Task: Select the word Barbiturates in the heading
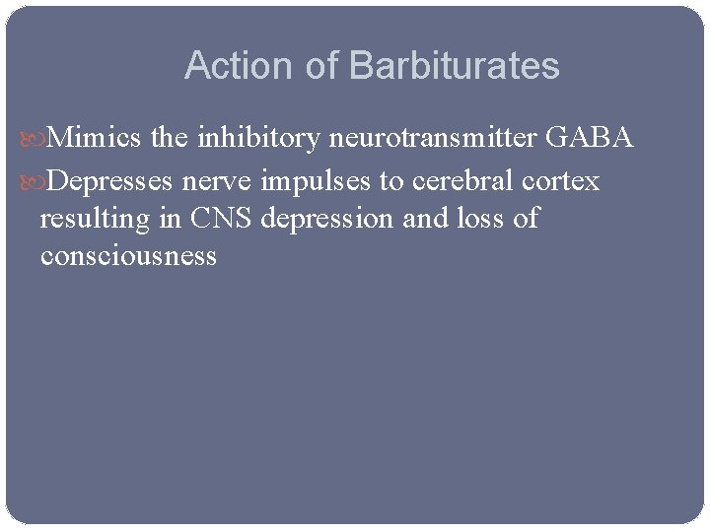point(454,66)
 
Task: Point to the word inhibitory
point(259,139)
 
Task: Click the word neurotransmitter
point(433,139)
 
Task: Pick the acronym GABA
point(589,139)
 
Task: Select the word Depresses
point(110,181)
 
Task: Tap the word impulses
point(311,181)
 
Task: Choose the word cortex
point(564,181)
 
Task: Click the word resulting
point(95,219)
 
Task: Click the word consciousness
point(128,256)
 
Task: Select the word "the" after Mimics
point(171,139)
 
